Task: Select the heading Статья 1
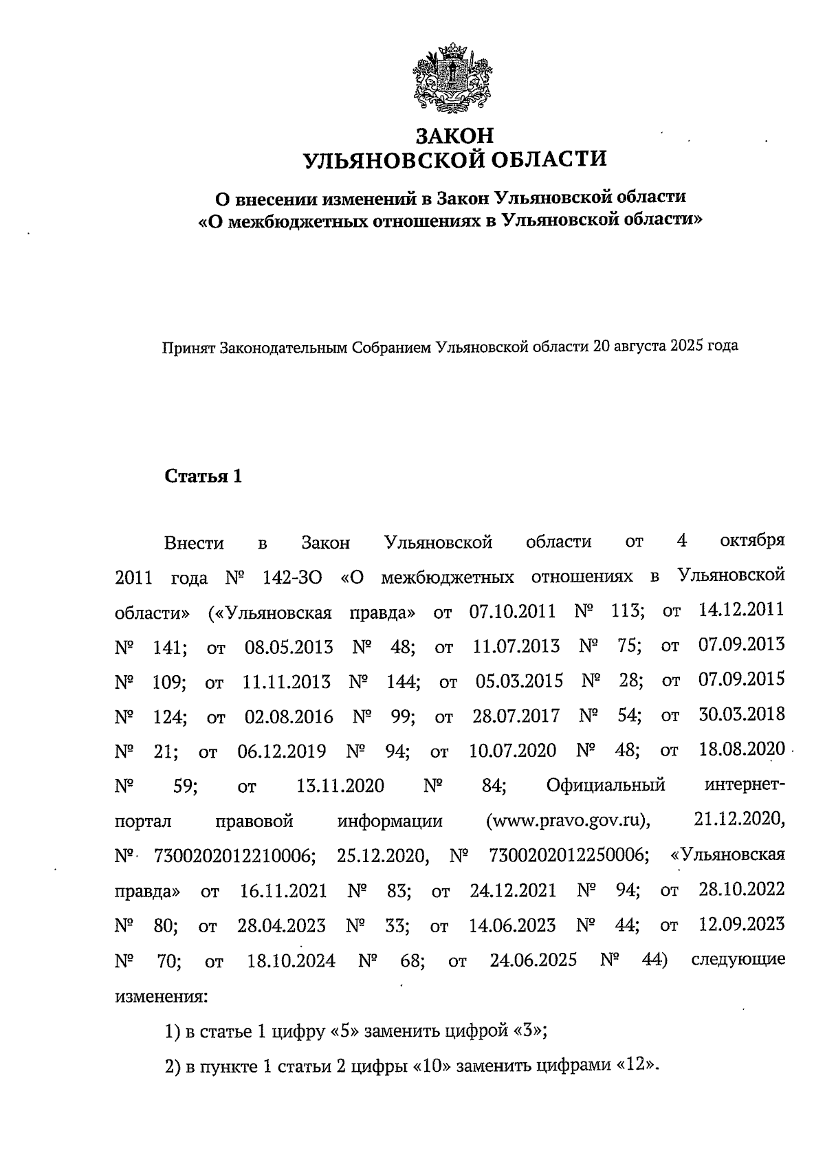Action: [203, 476]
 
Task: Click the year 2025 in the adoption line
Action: [681, 346]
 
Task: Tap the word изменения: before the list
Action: [159, 995]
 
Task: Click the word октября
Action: [752, 541]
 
